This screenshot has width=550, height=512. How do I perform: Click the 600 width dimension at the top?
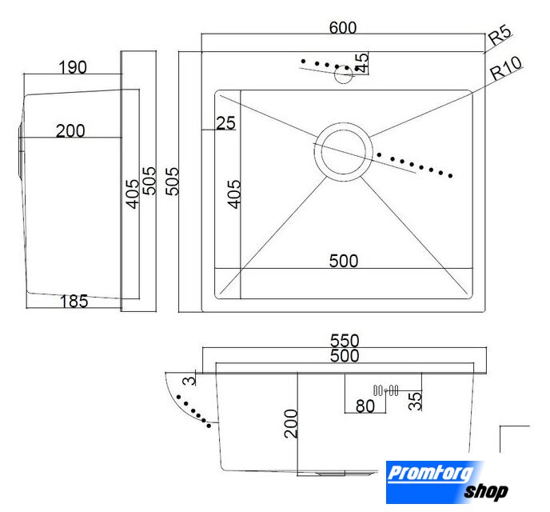[343, 27]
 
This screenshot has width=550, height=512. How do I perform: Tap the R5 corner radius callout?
[500, 35]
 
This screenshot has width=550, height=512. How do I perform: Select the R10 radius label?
[506, 68]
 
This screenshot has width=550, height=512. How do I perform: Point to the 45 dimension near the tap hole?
[361, 63]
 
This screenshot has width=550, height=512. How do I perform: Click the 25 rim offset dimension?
[225, 123]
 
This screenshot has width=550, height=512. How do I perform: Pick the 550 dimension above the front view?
[345, 340]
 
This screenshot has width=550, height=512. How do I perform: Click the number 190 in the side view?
[73, 67]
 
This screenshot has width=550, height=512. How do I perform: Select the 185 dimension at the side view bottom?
[74, 301]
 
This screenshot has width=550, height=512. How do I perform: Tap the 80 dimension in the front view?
[365, 406]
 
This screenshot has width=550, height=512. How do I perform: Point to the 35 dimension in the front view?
[415, 401]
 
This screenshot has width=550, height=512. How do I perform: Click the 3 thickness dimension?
[189, 380]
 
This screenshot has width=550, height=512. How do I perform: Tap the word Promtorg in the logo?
[430, 473]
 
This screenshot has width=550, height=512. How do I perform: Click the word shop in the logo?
[486, 491]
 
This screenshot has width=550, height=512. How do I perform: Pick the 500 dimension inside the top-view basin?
[344, 261]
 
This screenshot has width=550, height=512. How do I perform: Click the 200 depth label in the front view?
[291, 423]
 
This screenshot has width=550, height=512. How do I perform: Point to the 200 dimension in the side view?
[70, 131]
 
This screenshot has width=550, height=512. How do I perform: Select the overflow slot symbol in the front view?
[386, 390]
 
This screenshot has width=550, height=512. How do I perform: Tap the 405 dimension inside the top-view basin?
[234, 194]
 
